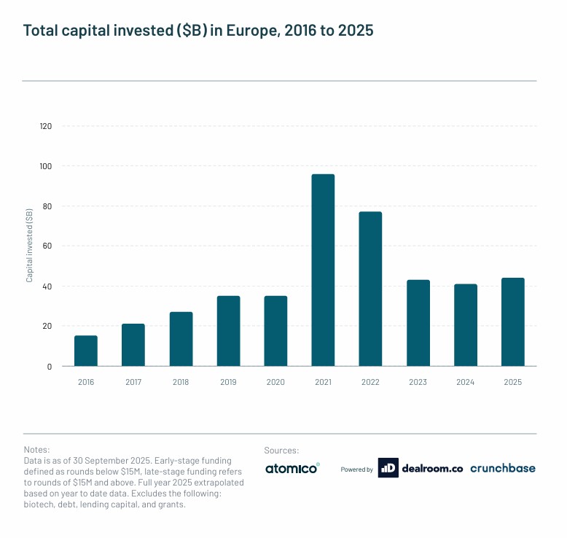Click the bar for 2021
pyautogui.click(x=323, y=270)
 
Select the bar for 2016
pyautogui.click(x=86, y=351)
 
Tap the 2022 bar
pyautogui.click(x=370, y=289)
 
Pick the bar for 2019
pyautogui.click(x=228, y=331)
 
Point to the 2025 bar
pyautogui.click(x=512, y=321)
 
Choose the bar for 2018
pyautogui.click(x=181, y=339)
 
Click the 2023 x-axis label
pyautogui.click(x=418, y=381)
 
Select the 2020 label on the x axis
pyautogui.click(x=275, y=381)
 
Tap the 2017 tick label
pyautogui.click(x=133, y=381)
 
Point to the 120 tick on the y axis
pyautogui.click(x=46, y=126)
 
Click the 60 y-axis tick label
pyautogui.click(x=47, y=246)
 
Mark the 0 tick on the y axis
pyautogui.click(x=50, y=367)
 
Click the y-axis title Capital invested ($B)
pyautogui.click(x=29, y=246)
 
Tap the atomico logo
pyautogui.click(x=292, y=469)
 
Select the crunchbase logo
pyautogui.click(x=503, y=469)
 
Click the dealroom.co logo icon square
pyautogui.click(x=388, y=469)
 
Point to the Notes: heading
pyautogui.click(x=36, y=451)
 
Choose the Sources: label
pyautogui.click(x=281, y=451)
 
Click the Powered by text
pyautogui.click(x=357, y=469)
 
